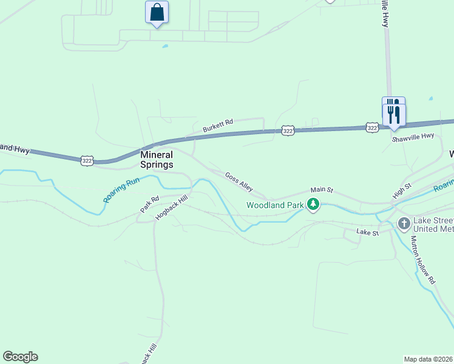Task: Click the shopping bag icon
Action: click(157, 12)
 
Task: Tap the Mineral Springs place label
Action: click(157, 160)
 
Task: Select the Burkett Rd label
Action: click(218, 126)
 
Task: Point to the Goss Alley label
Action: click(239, 181)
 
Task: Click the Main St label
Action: click(322, 190)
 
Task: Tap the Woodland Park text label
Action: click(274, 205)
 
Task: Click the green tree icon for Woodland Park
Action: click(313, 205)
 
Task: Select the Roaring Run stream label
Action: click(121, 189)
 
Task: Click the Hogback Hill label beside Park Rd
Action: click(172, 207)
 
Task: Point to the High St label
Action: click(402, 190)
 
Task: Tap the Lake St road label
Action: click(367, 232)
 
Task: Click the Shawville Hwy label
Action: click(413, 138)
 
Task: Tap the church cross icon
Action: click(404, 224)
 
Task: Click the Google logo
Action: click(20, 357)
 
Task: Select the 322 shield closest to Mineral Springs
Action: click(87, 160)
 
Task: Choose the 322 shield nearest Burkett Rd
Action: click(288, 130)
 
